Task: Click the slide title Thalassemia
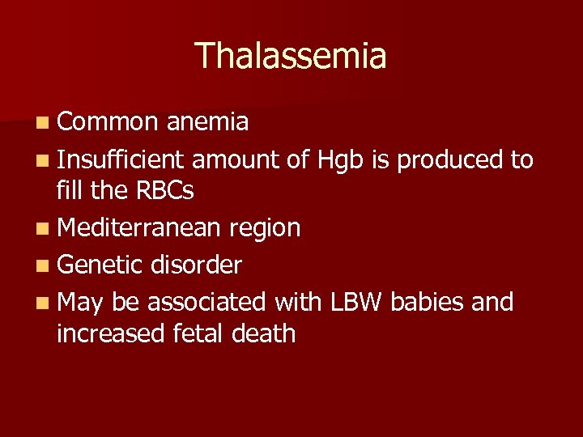coord(291,56)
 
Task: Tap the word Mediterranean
coord(138,228)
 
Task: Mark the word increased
coord(111,333)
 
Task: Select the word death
coord(265,333)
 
